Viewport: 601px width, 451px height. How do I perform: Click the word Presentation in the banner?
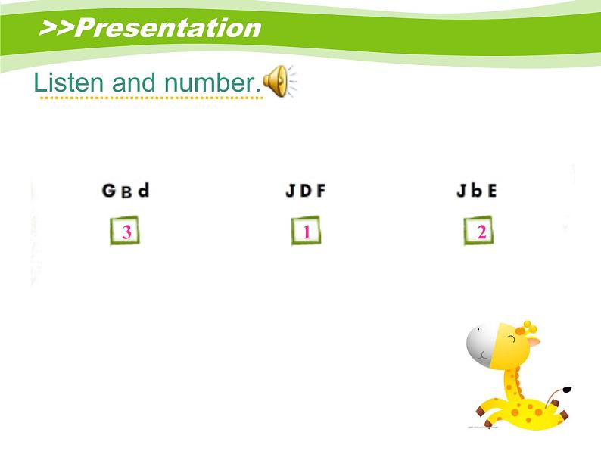coord(169,28)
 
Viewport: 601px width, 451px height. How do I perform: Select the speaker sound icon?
coord(279,82)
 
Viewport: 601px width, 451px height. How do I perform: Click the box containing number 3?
coord(126,232)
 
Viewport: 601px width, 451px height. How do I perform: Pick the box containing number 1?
coord(306,232)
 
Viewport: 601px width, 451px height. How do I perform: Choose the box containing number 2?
coord(480,232)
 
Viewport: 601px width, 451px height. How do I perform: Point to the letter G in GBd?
coord(109,191)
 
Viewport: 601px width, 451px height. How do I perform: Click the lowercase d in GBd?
coord(142,189)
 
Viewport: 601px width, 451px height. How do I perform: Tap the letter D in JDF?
coord(306,191)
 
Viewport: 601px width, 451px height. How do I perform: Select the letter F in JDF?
coord(321,191)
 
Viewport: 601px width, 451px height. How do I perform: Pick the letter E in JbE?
coord(492,191)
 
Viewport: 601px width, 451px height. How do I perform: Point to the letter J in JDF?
coord(291,191)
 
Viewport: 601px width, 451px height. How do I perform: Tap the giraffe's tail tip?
coord(567,391)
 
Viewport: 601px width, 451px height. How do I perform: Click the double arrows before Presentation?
coord(56,28)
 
